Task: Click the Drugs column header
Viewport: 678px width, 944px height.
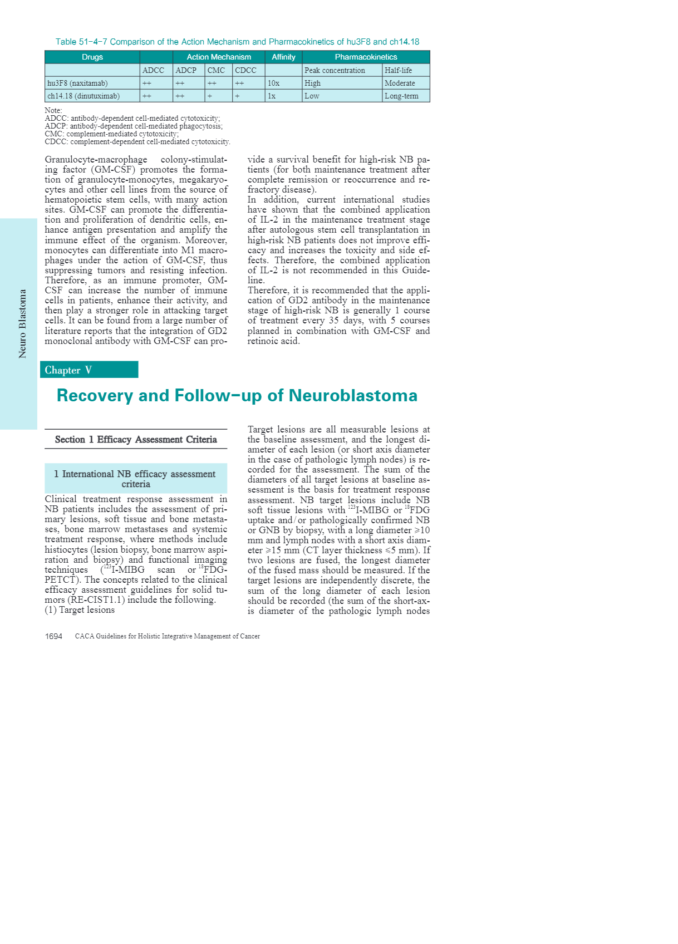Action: coord(92,57)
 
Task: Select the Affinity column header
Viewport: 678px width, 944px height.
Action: coord(283,57)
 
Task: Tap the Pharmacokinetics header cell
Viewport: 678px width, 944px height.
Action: coord(366,57)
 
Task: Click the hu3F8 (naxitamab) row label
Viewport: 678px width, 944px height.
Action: coord(77,83)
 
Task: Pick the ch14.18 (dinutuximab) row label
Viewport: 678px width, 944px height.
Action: coord(83,96)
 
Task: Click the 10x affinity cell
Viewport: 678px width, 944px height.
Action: coord(273,83)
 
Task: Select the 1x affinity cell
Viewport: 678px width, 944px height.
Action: coord(272,96)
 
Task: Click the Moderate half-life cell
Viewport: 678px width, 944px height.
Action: coord(400,83)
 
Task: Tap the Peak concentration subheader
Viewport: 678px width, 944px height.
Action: coord(335,70)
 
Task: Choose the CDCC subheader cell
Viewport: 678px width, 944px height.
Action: coord(245,70)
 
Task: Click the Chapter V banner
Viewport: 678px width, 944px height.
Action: coord(89,370)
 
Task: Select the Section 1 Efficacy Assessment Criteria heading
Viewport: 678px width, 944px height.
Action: coord(136,439)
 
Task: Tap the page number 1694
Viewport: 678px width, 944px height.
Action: coord(54,636)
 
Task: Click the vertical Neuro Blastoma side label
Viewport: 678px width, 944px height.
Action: coord(23,323)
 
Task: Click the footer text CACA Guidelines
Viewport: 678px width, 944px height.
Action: coord(167,636)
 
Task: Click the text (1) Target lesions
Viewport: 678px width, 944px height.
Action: coord(80,610)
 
